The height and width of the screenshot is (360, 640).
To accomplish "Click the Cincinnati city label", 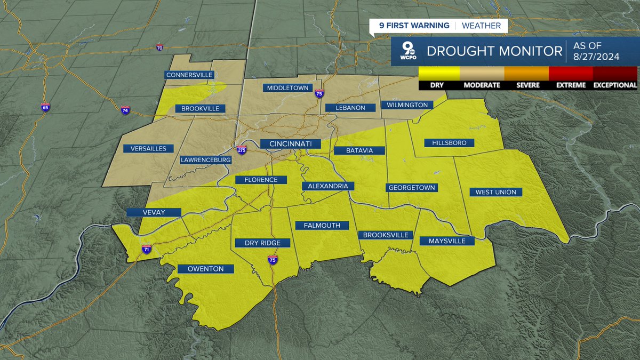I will (290, 144).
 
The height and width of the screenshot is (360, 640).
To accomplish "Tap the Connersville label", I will (190, 75).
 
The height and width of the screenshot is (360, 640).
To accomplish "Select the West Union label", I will (492, 192).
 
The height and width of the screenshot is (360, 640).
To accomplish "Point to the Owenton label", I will (205, 269).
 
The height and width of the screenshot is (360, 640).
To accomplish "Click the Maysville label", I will (447, 241).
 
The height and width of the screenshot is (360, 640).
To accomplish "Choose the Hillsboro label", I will (445, 143).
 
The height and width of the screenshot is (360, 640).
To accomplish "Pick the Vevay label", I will (154, 212).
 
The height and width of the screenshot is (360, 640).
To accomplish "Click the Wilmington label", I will (407, 105).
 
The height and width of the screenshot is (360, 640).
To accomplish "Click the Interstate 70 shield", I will (159, 48).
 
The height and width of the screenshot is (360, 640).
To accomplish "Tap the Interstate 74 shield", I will (125, 110).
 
